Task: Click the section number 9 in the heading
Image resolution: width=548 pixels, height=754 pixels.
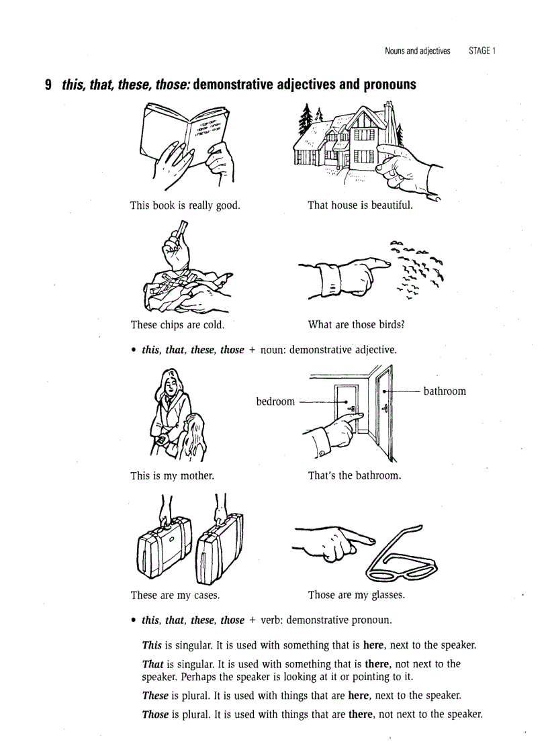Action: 48,85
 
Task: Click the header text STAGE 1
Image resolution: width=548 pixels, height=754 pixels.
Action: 482,51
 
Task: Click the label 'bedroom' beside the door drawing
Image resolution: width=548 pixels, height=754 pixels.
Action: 275,402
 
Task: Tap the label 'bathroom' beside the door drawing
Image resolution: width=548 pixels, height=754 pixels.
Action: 445,391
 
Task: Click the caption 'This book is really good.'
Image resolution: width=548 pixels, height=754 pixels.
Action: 185,205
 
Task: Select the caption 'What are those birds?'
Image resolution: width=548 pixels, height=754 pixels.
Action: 356,325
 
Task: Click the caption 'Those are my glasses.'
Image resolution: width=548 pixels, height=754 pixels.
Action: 356,595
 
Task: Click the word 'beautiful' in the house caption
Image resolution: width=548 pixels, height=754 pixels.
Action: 391,205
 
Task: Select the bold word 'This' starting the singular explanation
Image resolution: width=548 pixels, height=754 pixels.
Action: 152,645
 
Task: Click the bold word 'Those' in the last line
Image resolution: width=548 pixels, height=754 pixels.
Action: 155,714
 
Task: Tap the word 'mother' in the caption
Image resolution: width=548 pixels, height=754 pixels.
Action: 197,476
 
